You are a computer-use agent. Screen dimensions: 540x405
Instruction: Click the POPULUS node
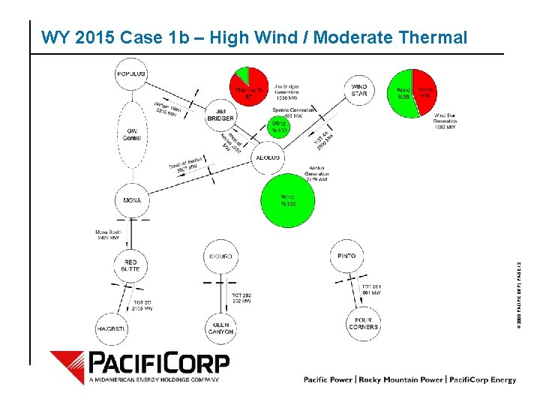pyautogui.click(x=131, y=73)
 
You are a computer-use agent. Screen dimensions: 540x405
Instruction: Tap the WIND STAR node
pyautogui.click(x=359, y=90)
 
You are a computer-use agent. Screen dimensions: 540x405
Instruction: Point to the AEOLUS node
pyautogui.click(x=268, y=157)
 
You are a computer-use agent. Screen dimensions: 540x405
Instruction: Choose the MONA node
pyautogui.click(x=131, y=200)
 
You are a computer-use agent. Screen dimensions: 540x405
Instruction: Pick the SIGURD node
pyautogui.click(x=220, y=256)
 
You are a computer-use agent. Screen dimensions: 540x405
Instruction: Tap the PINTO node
pyautogui.click(x=347, y=256)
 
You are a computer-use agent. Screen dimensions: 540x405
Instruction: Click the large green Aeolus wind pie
pyautogui.click(x=287, y=199)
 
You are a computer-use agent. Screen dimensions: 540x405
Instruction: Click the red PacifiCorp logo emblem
pyautogui.click(x=67, y=366)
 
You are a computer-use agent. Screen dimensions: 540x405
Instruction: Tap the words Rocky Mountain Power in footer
pyautogui.click(x=400, y=380)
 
